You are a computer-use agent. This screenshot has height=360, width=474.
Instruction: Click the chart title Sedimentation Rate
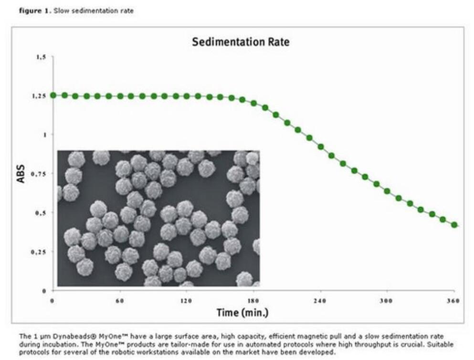click(x=241, y=42)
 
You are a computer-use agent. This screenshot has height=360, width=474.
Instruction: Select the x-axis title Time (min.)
click(x=242, y=313)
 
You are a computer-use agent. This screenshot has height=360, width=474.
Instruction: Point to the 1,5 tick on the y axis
click(x=42, y=57)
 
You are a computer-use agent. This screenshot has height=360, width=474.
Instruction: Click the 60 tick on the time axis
click(x=119, y=301)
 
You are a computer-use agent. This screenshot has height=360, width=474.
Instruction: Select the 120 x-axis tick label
click(x=186, y=301)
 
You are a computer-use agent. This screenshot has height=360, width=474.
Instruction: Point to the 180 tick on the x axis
click(x=253, y=301)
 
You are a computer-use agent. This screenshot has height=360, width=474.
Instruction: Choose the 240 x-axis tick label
click(x=320, y=301)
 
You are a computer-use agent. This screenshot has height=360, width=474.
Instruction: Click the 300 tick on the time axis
click(x=387, y=301)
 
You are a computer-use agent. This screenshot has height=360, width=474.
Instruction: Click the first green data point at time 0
click(x=53, y=95)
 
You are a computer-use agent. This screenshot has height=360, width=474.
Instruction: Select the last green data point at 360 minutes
click(x=454, y=224)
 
